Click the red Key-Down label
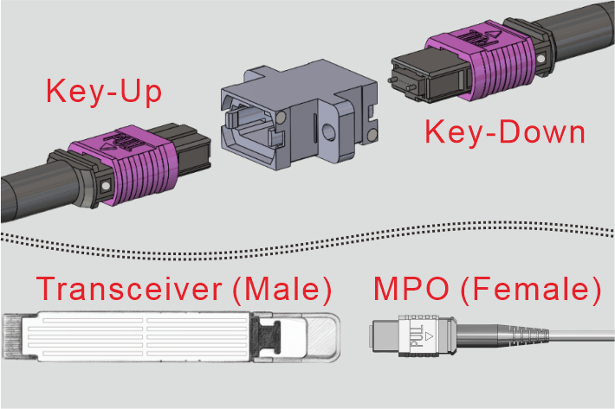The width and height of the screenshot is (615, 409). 505,132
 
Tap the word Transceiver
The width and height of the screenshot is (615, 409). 129,289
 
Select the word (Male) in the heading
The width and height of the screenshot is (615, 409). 282,290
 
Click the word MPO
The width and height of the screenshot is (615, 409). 411,289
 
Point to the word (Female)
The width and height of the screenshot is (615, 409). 531,290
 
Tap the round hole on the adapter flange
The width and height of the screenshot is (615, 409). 328,132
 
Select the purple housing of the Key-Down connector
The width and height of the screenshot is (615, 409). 482,59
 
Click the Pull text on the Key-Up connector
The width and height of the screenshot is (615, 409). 117,143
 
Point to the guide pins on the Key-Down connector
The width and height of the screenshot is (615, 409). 401,83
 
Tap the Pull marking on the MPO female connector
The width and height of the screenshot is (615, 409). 416,336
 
